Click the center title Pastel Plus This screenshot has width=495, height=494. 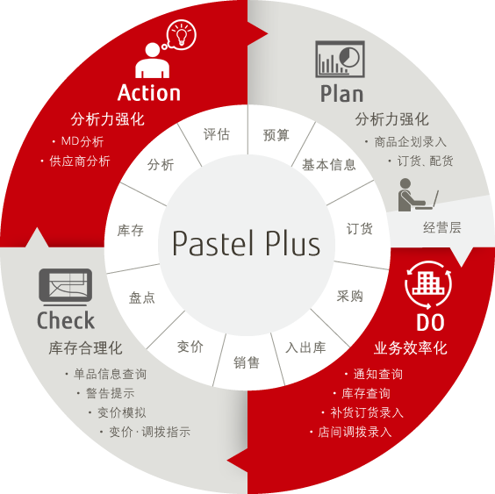pos(247,243)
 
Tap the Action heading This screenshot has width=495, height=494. pos(149,93)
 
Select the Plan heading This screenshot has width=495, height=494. pos(342,94)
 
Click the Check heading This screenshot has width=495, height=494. pos(66,320)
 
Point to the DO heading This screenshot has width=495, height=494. pos(430,323)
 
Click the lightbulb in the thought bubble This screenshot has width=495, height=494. pos(181,35)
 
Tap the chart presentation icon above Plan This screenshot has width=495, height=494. pos(340,59)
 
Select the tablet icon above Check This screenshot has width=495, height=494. pos(66,287)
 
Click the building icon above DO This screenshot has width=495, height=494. pos(428,283)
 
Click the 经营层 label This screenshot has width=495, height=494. pos(442,227)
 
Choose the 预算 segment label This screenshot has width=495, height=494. pos(276,135)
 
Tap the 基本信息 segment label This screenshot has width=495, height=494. pos(329,165)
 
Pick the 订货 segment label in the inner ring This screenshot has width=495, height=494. pos(359,229)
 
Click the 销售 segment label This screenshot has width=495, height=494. pos(247,362)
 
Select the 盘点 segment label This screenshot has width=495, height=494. pos(142,298)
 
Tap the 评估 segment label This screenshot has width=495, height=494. pos(216,134)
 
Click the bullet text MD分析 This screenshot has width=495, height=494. pos(82,141)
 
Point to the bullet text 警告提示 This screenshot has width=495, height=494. pos(111,393)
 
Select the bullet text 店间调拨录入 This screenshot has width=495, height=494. pos(355,432)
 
